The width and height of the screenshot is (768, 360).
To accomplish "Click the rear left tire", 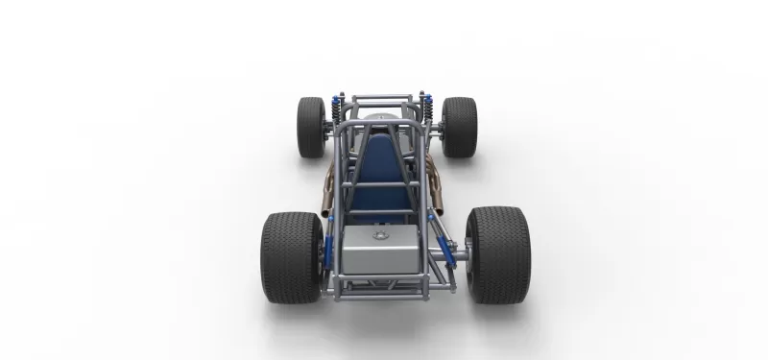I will (x=291, y=256).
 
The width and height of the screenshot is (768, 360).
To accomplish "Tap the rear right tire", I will (x=497, y=254).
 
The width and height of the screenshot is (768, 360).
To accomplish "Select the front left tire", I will (x=311, y=127).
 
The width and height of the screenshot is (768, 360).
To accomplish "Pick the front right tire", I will (x=459, y=127).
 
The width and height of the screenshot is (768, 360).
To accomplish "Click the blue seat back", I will (x=382, y=168).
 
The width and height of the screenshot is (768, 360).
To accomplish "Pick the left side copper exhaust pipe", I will (x=331, y=182).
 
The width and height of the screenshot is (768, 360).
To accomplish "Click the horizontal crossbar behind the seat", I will (x=381, y=185).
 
